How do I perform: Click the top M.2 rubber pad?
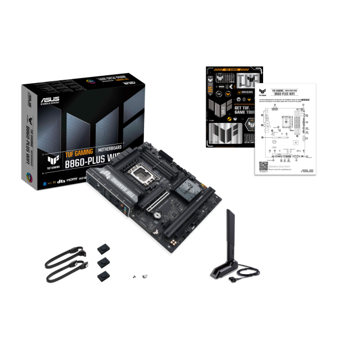(102, 247)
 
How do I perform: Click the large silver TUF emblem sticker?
(227, 133)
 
